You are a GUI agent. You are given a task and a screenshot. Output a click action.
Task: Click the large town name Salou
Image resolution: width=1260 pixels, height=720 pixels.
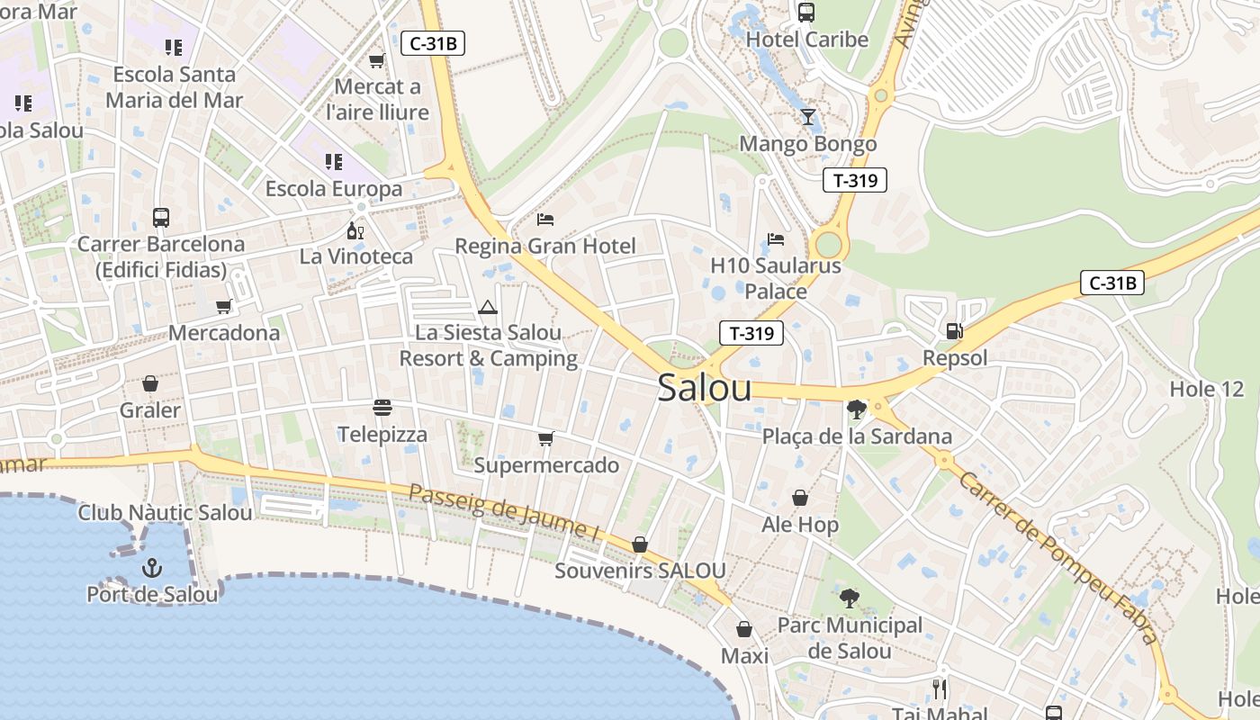point(705,387)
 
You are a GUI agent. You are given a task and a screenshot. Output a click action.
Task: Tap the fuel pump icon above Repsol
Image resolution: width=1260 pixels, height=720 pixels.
point(954,331)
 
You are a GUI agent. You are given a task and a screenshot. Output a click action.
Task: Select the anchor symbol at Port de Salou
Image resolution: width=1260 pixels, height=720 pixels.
point(152,568)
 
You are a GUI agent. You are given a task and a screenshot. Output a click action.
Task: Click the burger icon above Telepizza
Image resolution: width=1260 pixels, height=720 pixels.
point(382,408)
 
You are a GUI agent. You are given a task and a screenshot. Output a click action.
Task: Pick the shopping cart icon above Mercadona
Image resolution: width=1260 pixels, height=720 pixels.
point(224,306)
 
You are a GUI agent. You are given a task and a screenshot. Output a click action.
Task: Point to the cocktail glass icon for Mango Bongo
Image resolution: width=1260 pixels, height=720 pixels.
point(807,117)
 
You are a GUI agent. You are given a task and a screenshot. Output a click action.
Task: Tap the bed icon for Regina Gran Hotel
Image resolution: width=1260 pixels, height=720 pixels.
point(545,219)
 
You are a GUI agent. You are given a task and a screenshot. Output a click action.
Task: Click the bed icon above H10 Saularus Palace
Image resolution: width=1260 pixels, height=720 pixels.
point(776,239)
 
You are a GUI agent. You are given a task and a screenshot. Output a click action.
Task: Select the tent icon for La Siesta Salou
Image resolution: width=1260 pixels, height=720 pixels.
point(488,307)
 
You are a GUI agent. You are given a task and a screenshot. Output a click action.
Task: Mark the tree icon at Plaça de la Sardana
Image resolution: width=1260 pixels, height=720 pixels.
point(857,410)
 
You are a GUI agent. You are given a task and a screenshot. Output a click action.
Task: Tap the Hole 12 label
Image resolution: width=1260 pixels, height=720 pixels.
point(1206,390)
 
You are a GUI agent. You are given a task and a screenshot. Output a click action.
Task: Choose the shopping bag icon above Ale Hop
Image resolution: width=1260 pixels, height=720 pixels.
point(799,498)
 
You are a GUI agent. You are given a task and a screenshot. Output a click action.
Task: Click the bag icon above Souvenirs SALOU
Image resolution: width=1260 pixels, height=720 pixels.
point(640,544)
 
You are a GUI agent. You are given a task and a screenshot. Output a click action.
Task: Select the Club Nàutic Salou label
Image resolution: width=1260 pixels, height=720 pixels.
point(165,513)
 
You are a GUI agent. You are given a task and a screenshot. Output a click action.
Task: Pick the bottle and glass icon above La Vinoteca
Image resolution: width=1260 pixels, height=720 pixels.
point(355,230)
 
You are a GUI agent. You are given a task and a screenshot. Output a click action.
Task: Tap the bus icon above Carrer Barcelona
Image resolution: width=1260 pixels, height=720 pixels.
point(161,217)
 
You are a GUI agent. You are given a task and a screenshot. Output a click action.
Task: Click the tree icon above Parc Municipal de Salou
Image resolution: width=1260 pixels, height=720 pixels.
point(849,598)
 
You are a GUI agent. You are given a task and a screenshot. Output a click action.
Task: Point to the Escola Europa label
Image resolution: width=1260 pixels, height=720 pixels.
point(334,189)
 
